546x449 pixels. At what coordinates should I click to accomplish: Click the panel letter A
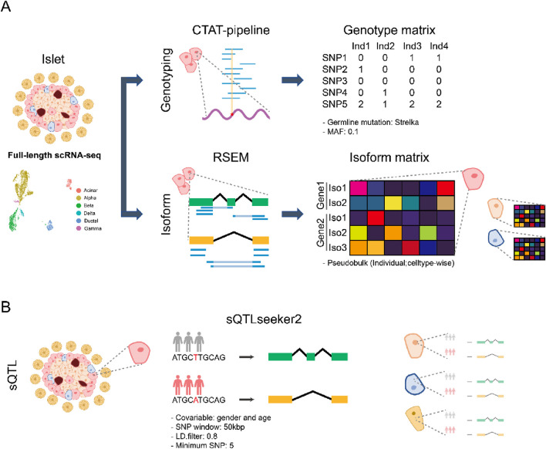8,10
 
